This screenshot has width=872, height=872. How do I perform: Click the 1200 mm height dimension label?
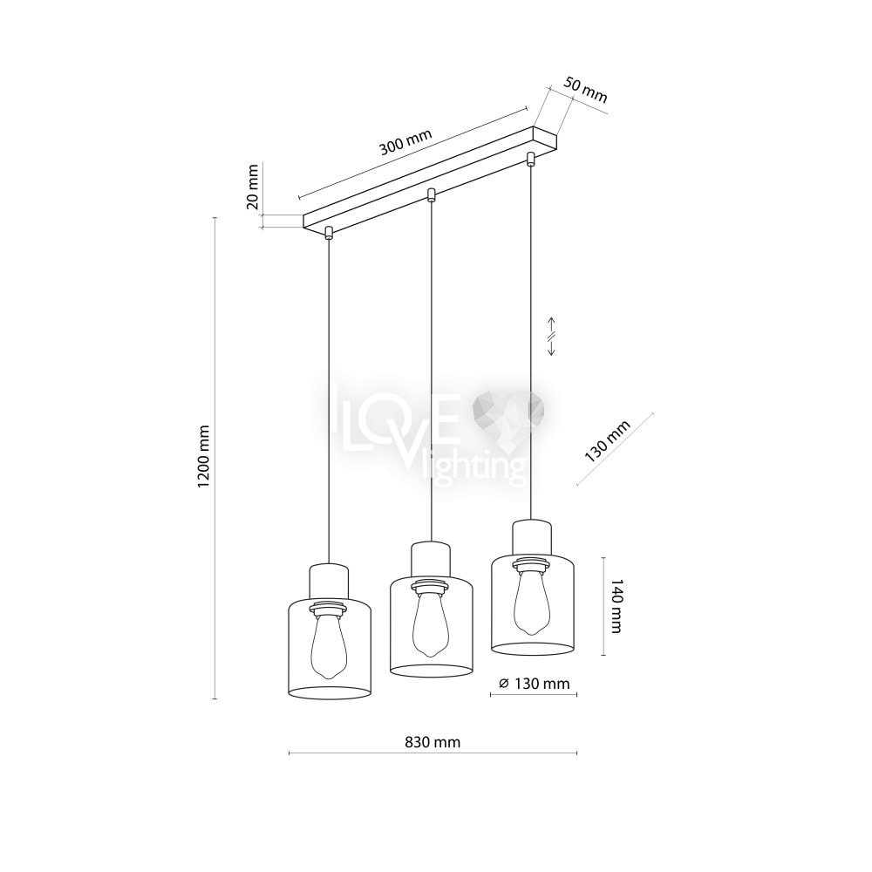tap(204, 457)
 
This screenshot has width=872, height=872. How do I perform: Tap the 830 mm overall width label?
tap(433, 742)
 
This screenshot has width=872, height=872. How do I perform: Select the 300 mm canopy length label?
tap(405, 142)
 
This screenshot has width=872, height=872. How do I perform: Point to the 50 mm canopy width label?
tap(586, 90)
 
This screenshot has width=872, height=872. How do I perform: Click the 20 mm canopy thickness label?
tap(253, 186)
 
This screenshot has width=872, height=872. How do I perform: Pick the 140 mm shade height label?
tap(617, 605)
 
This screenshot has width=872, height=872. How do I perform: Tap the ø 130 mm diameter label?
tap(535, 683)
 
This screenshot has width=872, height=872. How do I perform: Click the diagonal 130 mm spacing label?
tap(607, 441)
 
